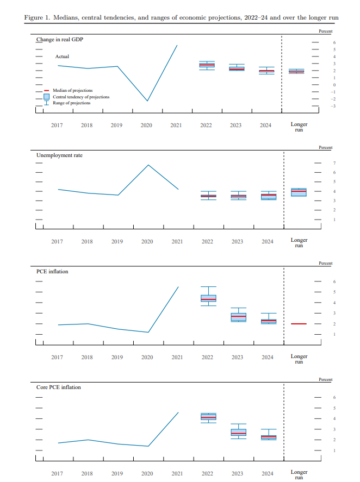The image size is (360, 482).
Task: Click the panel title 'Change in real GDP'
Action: coord(59,40)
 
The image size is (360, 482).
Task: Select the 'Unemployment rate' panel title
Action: coord(59,155)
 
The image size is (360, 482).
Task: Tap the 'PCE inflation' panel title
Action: coord(52,271)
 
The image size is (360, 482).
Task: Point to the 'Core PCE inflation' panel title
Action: coord(58,387)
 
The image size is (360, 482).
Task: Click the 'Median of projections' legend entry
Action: coord(72,90)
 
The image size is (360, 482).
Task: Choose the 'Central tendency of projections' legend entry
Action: coord(80,97)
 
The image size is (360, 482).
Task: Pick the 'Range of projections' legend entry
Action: coord(71,103)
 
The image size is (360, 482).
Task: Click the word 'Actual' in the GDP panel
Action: coord(62,57)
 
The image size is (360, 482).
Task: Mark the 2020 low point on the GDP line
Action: coord(147,101)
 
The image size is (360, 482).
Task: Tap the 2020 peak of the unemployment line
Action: coord(148,165)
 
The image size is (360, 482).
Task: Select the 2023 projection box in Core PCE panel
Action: coord(238,432)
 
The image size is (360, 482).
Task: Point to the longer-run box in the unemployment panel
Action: coord(299,192)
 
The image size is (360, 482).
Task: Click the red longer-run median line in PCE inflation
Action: coord(299,324)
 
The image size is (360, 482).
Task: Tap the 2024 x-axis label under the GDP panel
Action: coord(265,125)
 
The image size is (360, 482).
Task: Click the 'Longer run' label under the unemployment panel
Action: coord(299,242)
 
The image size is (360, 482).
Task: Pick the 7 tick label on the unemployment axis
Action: coord(334,164)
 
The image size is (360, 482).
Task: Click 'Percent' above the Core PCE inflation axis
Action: coord(325,379)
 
